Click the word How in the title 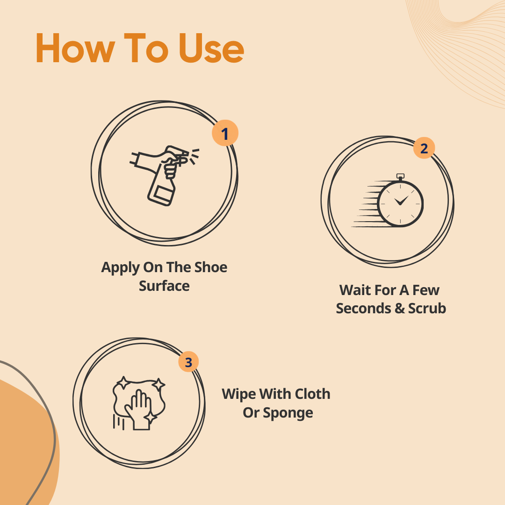[75, 48]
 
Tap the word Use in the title [211, 48]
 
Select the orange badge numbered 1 [225, 133]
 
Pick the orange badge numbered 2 [424, 148]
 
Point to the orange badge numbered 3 [188, 361]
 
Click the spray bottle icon [164, 175]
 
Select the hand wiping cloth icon [139, 403]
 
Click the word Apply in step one [120, 268]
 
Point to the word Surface [164, 286]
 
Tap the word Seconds [363, 309]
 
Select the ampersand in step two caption [399, 309]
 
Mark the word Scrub [427, 309]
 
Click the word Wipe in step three [239, 395]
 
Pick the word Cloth [312, 394]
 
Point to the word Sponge [288, 413]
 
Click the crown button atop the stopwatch [400, 177]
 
